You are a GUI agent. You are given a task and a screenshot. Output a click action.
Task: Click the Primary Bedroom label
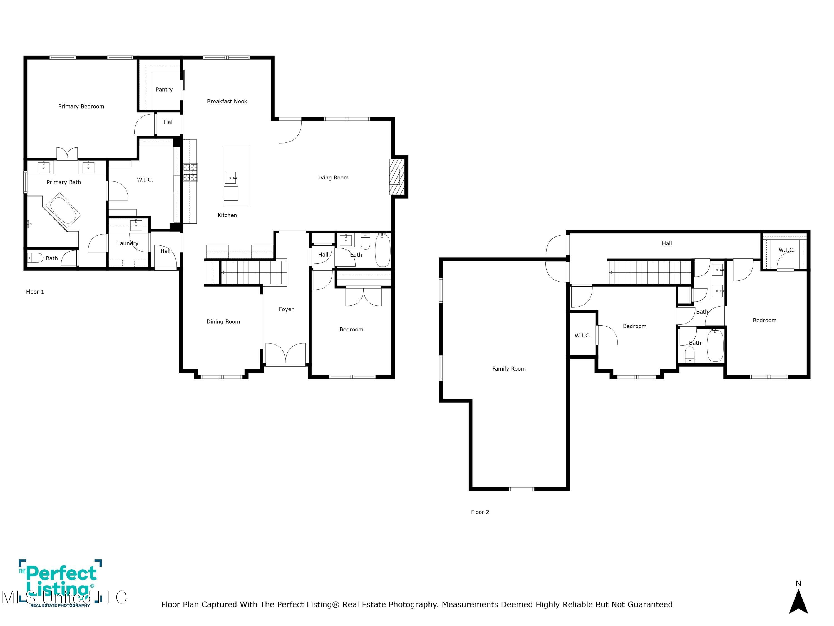pos(81,106)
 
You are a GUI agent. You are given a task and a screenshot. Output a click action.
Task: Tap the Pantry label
pos(164,89)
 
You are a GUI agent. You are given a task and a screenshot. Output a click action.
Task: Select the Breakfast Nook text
pos(227,101)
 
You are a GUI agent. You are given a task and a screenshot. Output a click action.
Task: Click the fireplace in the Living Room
pos(397,177)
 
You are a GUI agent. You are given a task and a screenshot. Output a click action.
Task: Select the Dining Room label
pos(223,322)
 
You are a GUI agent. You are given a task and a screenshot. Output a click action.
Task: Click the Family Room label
pos(509,369)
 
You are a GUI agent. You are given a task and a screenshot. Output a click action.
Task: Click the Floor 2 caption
pos(480,512)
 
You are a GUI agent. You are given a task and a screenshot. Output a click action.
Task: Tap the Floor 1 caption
pos(35,292)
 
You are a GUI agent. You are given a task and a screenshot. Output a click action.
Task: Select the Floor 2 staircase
pos(650,272)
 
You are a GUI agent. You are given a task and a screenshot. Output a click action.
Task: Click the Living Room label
pos(332,177)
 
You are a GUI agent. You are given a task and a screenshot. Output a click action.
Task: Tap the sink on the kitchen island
pos(230,177)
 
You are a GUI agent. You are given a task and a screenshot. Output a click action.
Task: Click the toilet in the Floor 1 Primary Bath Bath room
pos(36,258)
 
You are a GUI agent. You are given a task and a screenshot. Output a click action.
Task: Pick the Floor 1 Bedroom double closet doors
pos(363,296)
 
